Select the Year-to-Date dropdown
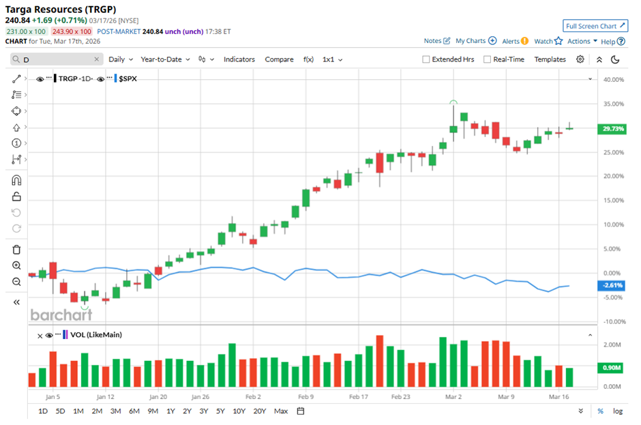point(166,59)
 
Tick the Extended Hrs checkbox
point(426,59)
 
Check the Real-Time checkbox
point(487,59)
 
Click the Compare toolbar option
point(279,59)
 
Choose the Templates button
point(550,59)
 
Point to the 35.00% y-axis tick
point(614,104)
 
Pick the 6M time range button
point(134,411)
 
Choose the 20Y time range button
point(259,411)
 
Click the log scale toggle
point(618,411)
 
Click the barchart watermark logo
point(61,314)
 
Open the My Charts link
point(476,41)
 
